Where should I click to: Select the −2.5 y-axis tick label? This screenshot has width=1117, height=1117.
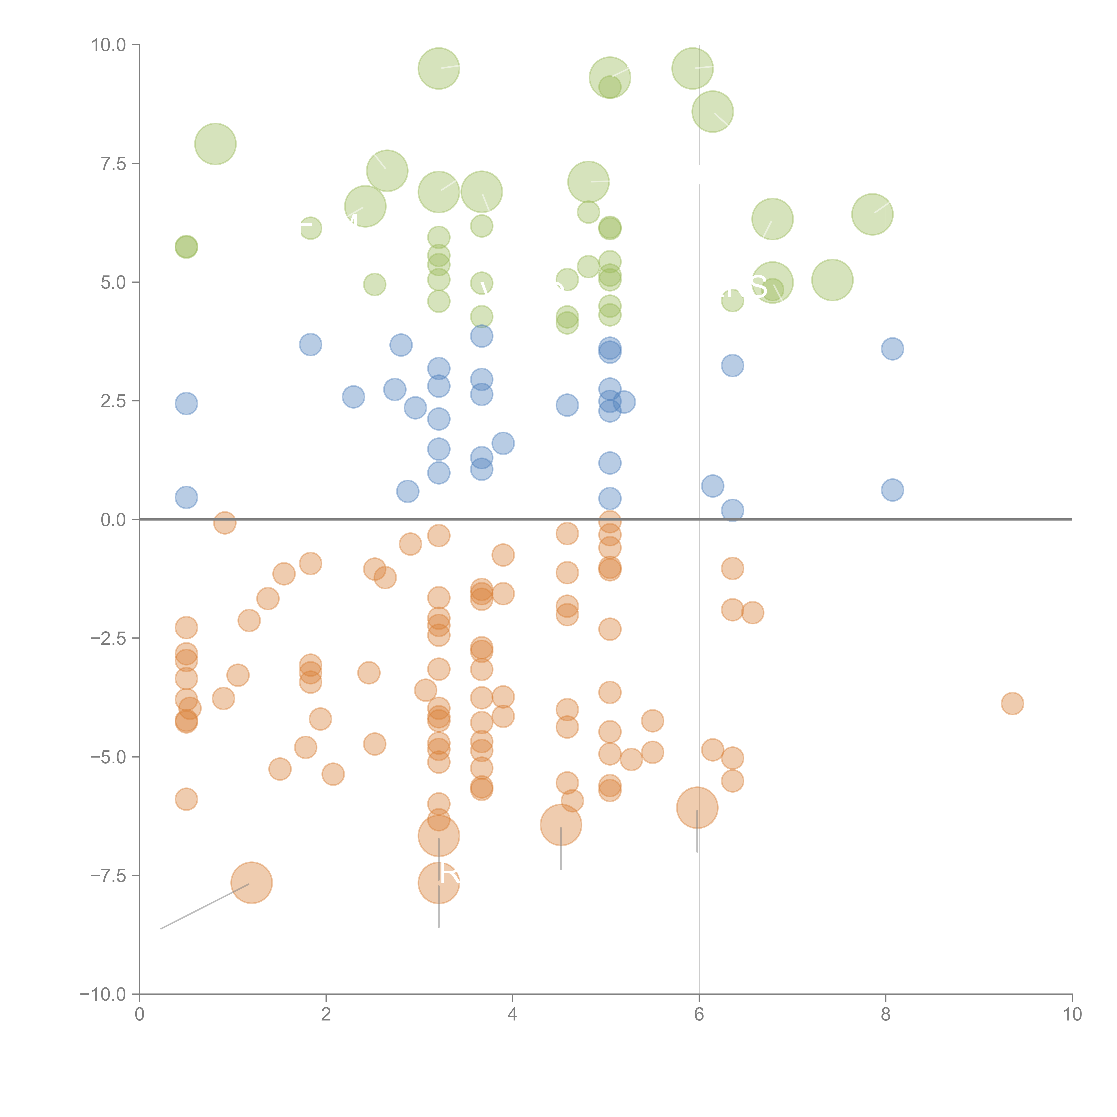point(107,638)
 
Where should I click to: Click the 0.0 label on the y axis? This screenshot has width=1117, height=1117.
point(113,520)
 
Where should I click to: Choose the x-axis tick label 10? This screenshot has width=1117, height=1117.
point(1072,1015)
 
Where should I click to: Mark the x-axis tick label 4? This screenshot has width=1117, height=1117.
point(512,1015)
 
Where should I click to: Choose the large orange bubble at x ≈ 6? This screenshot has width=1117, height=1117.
point(697,808)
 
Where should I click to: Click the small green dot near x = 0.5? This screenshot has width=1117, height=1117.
point(186,247)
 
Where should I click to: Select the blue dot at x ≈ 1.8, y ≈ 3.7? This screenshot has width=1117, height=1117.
point(311,344)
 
